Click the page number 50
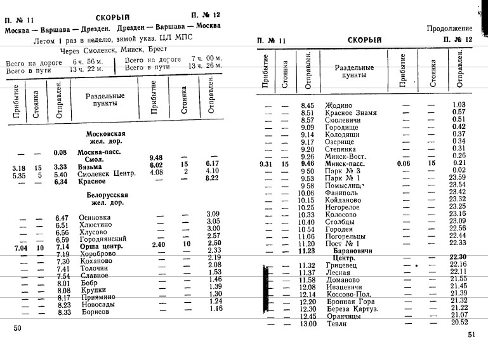[17, 328]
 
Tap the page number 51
[471, 335]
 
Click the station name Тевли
[336, 323]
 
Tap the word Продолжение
[449, 28]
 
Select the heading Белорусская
[105, 195]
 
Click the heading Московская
[106, 135]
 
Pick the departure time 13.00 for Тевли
[308, 323]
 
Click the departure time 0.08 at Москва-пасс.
[61, 152]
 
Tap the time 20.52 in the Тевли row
[459, 322]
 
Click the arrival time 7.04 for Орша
[19, 246]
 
